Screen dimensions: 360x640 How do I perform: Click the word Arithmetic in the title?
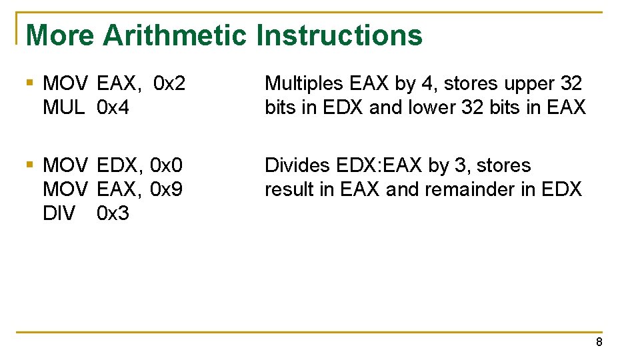click(175, 35)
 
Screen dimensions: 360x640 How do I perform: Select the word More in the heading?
click(60, 35)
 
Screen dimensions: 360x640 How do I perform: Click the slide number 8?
click(599, 342)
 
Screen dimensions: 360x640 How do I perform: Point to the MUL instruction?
click(63, 107)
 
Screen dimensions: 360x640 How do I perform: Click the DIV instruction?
click(59, 213)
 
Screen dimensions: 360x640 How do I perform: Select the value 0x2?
click(169, 84)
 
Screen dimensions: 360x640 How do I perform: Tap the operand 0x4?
click(113, 107)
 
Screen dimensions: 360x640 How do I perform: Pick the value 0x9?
click(167, 189)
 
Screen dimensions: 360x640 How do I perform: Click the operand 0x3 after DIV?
click(113, 213)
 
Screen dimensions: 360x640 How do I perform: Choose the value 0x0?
click(167, 165)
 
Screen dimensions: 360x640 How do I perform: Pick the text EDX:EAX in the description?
click(379, 165)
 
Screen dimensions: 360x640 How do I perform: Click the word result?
click(290, 189)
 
